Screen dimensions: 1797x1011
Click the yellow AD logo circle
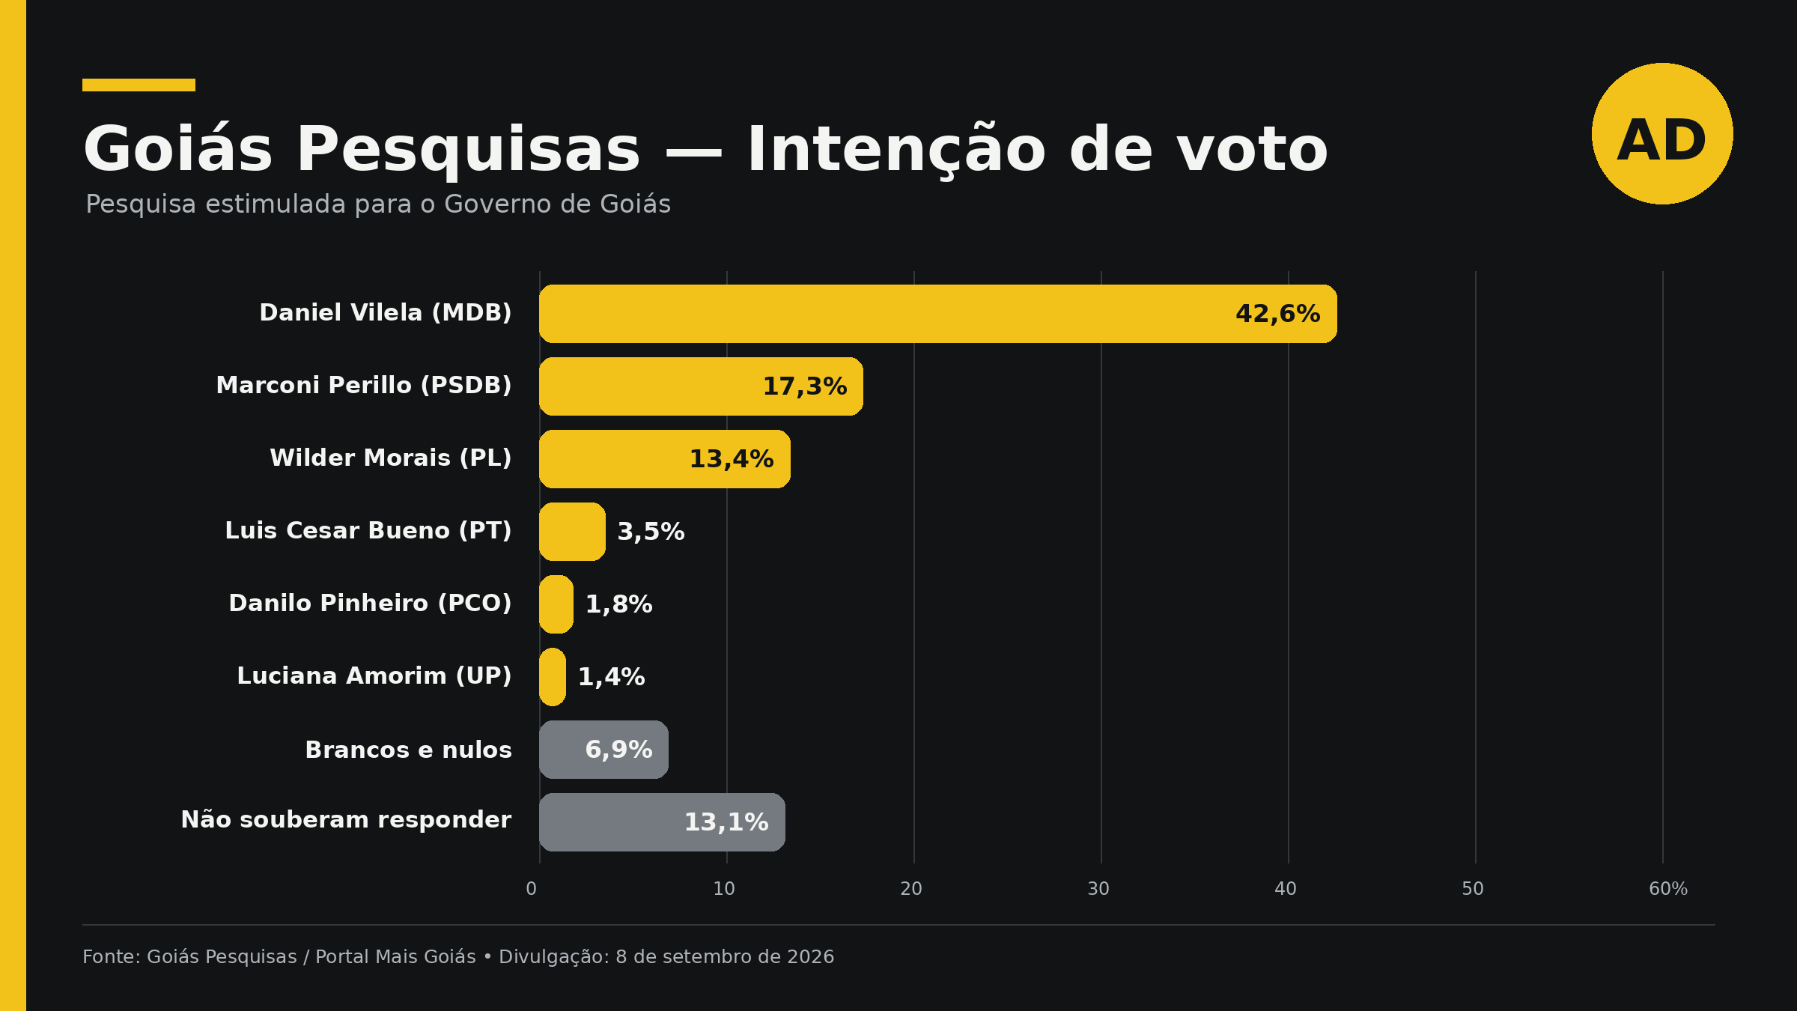1662,133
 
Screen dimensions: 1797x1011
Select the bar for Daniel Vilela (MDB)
938,314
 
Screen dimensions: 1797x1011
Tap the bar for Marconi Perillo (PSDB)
701,386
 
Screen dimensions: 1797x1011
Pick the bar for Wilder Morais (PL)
665,459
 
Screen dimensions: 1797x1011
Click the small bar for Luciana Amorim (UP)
553,677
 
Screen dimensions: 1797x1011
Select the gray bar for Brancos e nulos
603,750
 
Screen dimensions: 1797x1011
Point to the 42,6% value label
1277,314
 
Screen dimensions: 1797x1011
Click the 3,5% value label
651,532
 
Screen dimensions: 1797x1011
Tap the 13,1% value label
726,822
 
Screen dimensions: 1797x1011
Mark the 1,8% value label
618,604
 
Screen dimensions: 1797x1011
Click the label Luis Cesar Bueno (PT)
368,531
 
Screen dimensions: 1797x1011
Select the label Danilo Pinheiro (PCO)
370,604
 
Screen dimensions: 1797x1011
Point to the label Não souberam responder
346,820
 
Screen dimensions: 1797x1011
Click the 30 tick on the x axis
1098,889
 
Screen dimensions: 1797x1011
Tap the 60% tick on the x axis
1668,889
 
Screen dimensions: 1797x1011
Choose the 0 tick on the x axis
531,889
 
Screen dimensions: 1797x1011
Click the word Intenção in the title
896,150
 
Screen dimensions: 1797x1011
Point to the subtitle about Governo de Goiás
378,204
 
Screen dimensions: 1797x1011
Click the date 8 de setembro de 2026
725,957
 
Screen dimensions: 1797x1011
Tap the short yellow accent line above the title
139,85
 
